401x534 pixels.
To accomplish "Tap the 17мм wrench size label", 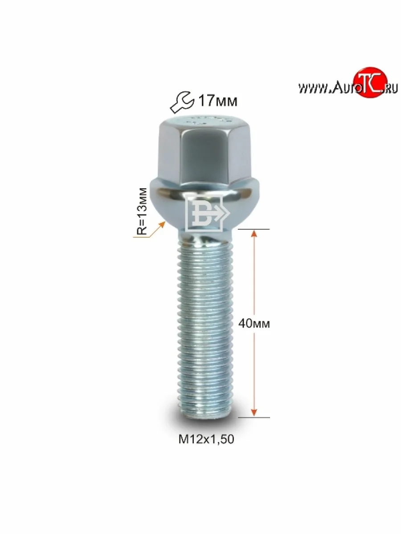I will point(217,101).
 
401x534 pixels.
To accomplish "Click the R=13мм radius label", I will point(141,211).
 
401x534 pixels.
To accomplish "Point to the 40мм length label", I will point(254,324).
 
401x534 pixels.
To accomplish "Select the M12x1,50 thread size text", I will point(206,439).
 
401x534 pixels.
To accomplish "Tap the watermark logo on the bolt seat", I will point(206,213).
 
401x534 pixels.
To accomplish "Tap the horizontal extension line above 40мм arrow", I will point(254,229).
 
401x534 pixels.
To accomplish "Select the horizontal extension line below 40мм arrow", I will point(254,417).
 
